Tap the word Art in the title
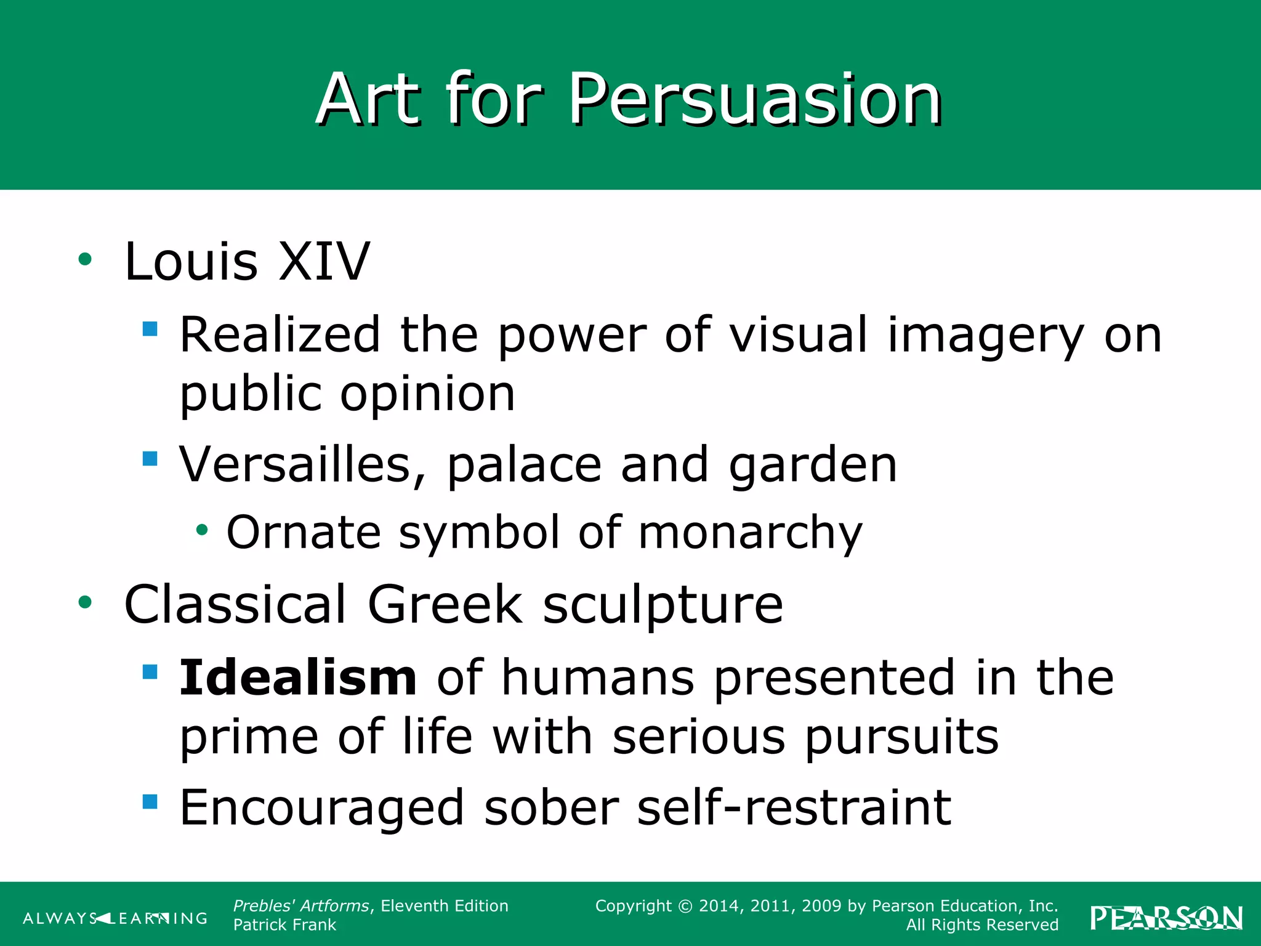368,100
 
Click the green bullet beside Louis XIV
85,259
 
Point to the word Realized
280,334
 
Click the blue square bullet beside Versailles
150,459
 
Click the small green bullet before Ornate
202,529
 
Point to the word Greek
445,605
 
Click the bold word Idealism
298,677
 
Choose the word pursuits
901,737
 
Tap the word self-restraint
794,807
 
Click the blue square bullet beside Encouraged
150,801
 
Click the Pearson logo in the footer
1166,918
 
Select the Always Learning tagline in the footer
115,919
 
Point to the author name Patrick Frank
284,925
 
